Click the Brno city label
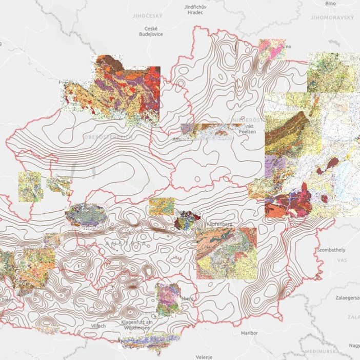point(330,4)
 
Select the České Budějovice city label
point(151,31)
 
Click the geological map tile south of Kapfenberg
point(226,253)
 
